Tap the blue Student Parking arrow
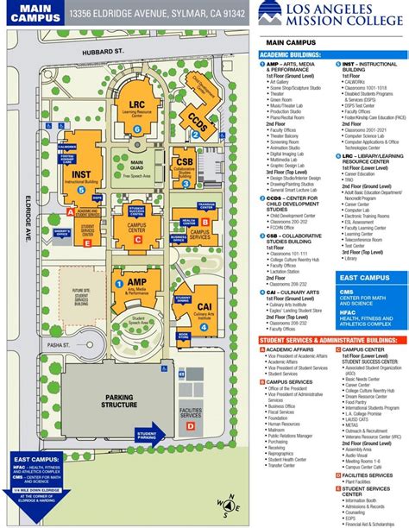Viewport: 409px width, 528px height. [147, 434]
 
